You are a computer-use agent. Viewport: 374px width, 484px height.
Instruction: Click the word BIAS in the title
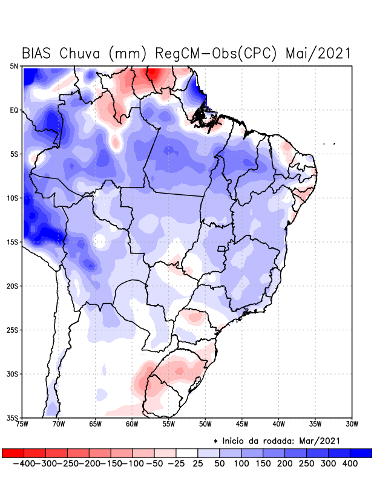pyautogui.click(x=37, y=53)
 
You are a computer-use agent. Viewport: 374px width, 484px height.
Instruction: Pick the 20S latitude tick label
pyautogui.click(x=13, y=286)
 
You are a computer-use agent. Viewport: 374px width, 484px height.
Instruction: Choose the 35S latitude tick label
pyautogui.click(x=13, y=417)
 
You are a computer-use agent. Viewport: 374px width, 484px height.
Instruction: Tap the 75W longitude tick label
pyautogui.click(x=23, y=425)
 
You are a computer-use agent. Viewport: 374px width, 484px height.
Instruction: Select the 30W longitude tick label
pyautogui.click(x=352, y=425)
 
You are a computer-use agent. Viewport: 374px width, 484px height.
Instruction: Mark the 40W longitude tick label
pyautogui.click(x=278, y=425)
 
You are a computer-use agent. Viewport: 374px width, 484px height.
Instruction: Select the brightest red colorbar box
pyautogui.click(x=13, y=453)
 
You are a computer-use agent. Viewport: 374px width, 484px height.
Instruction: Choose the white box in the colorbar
pyautogui.click(x=187, y=453)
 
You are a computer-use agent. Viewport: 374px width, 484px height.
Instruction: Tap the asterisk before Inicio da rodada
pyautogui.click(x=215, y=440)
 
